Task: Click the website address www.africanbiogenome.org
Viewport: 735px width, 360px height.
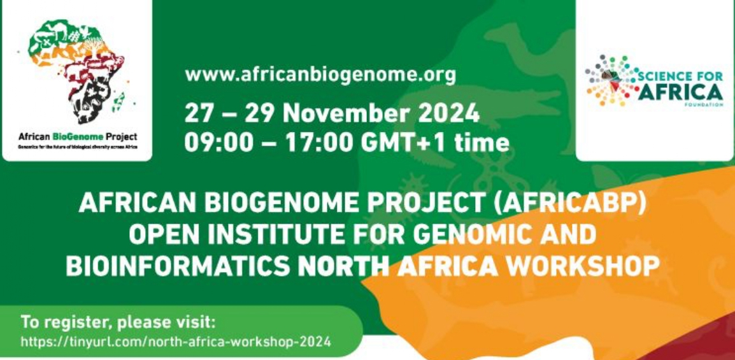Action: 320,75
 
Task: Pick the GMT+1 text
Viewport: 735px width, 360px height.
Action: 399,142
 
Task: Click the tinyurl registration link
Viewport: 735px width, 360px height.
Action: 176,342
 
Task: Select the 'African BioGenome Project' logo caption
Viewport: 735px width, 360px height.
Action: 78,136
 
